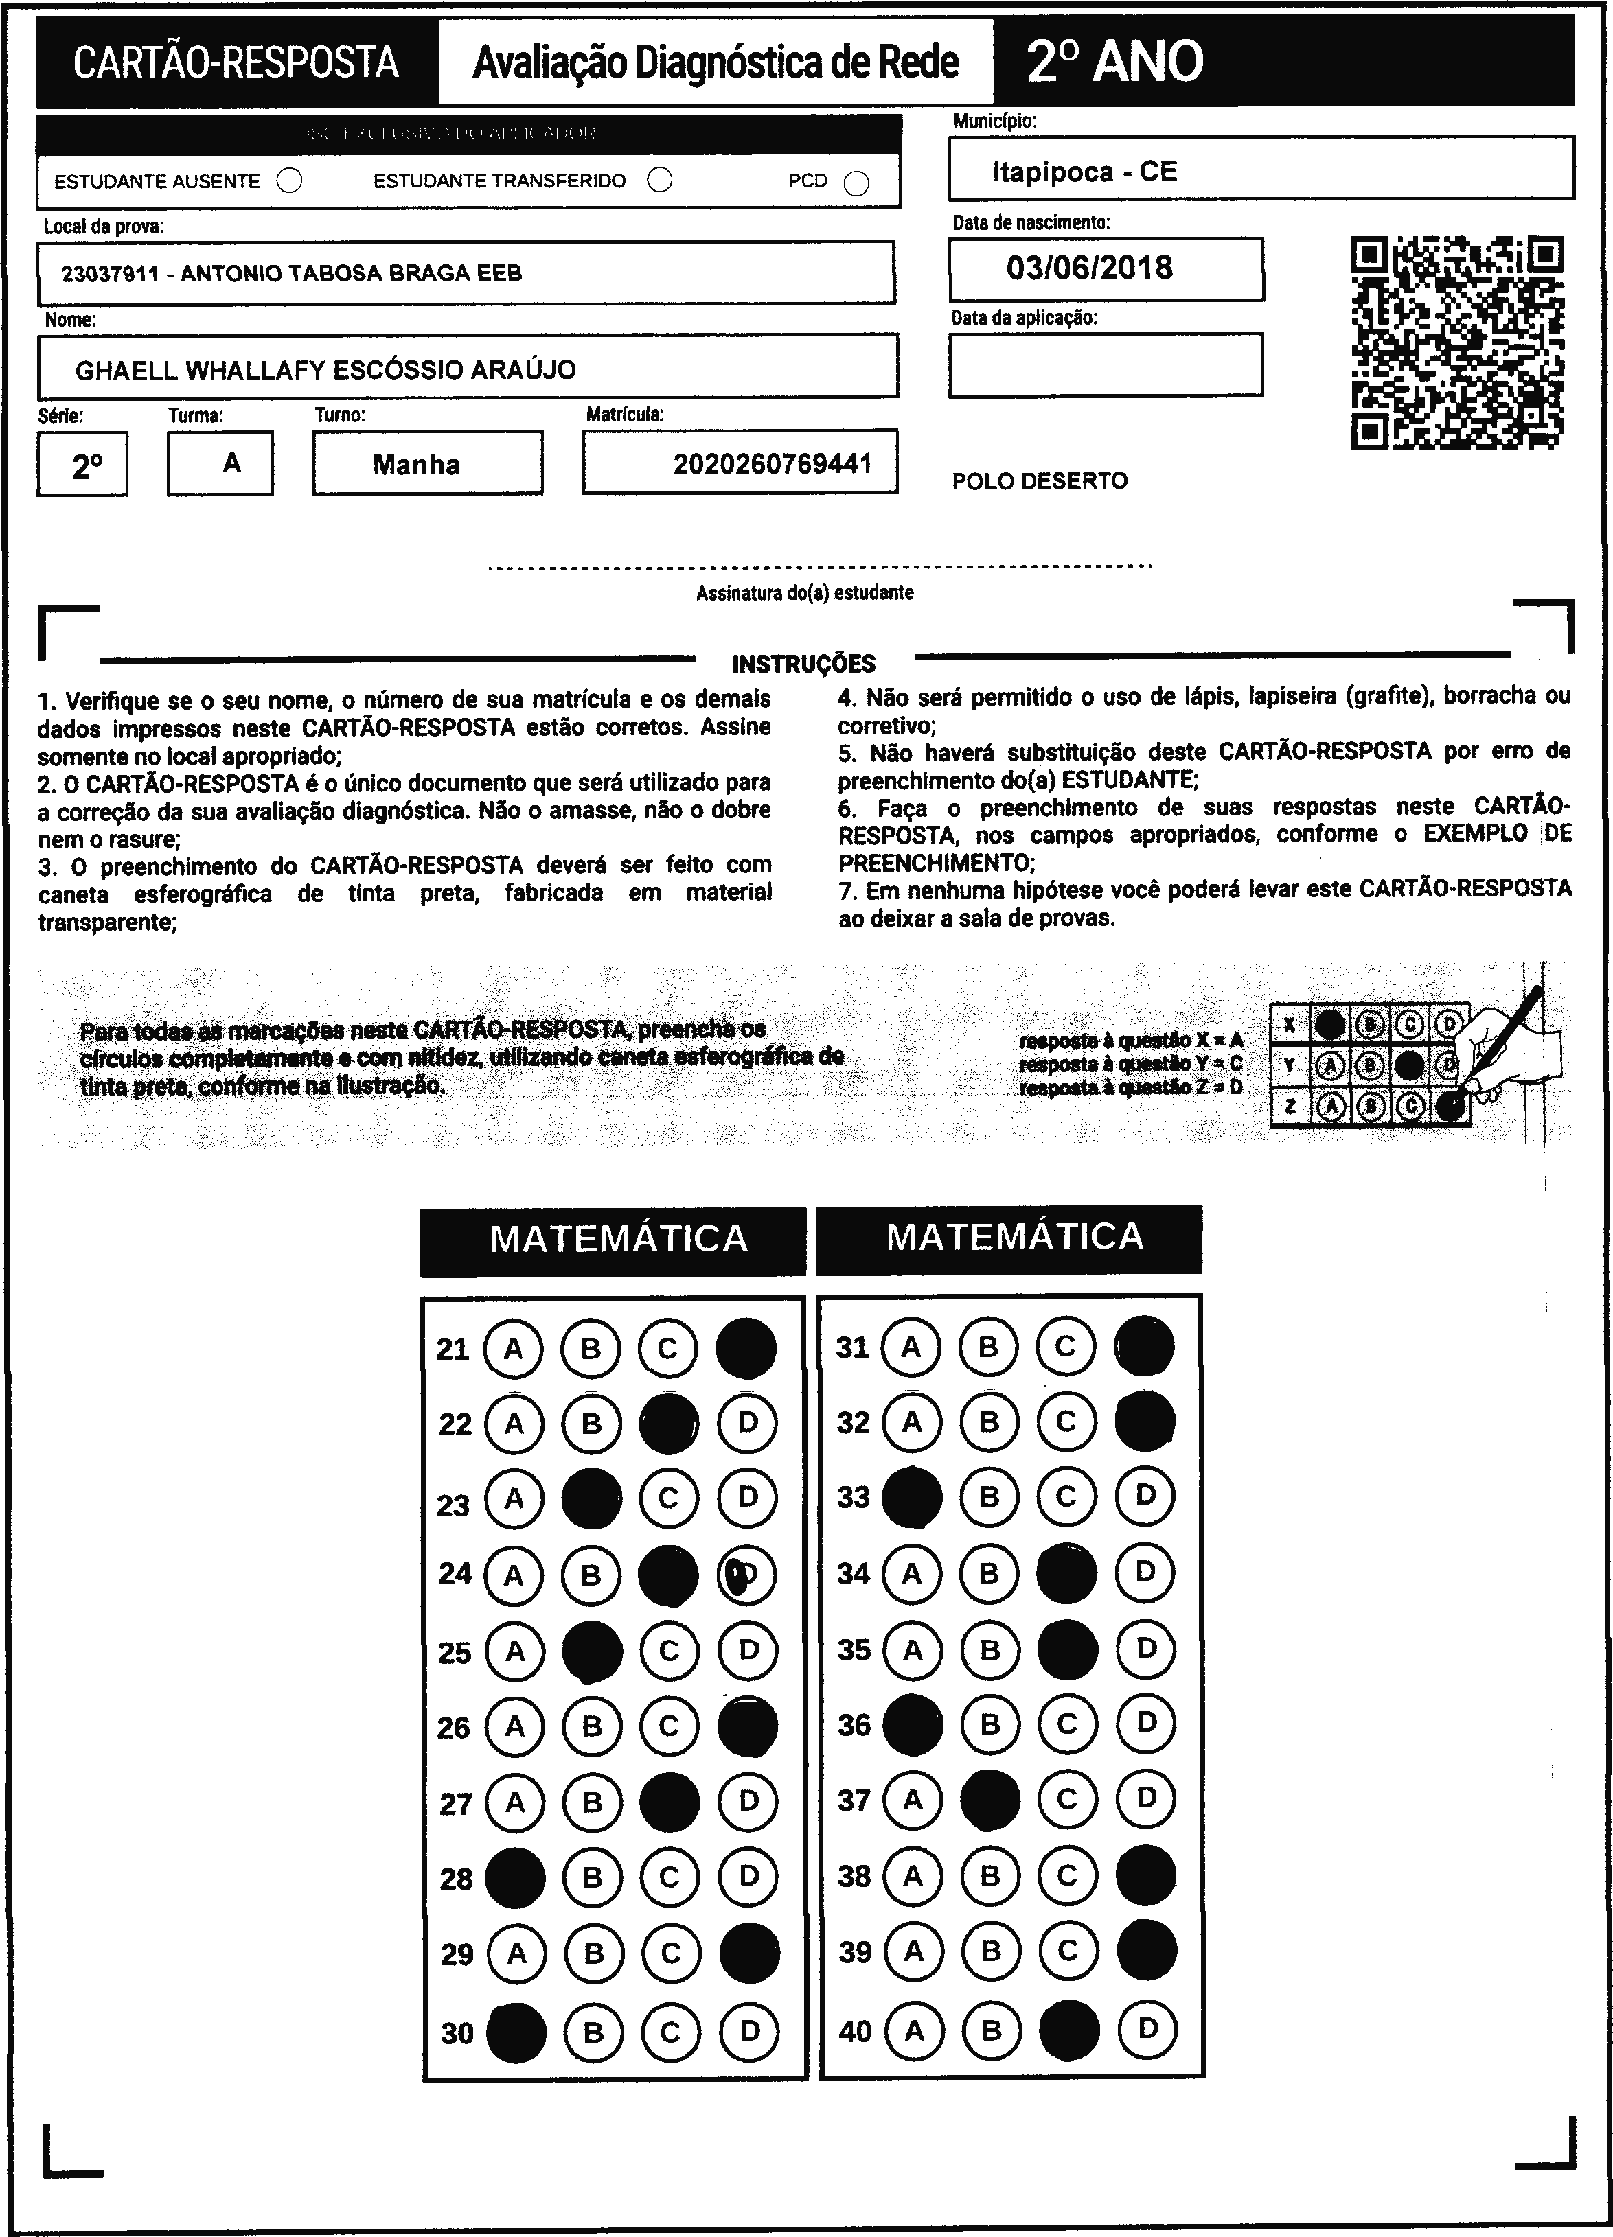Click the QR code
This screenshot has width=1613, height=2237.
1456,343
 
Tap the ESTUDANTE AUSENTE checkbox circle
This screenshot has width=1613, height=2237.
289,181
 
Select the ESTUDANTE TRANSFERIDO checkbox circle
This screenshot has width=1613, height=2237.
660,180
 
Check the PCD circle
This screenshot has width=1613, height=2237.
856,183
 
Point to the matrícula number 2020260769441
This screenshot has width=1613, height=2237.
773,463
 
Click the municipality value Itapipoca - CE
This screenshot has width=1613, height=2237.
1084,172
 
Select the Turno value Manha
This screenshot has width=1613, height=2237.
416,465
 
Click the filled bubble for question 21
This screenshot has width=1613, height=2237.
746,1348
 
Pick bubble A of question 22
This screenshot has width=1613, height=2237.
513,1424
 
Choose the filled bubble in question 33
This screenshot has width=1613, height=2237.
912,1497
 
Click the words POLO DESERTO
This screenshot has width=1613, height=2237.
1039,481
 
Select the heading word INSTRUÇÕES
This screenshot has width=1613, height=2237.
803,664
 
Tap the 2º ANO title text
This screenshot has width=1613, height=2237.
1114,62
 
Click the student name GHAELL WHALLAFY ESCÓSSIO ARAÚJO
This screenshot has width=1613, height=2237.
325,370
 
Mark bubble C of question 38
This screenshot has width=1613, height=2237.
1066,1875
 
